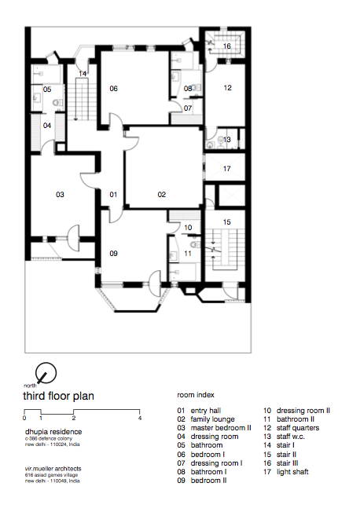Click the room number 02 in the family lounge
(161, 195)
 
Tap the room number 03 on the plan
(60, 195)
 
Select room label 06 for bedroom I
(113, 89)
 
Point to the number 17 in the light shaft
(227, 169)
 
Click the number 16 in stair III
(227, 46)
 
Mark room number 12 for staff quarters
(228, 88)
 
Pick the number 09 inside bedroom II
(113, 254)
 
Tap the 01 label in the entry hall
(113, 195)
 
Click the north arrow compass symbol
(46, 373)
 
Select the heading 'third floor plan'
(58, 396)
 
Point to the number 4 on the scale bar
(140, 418)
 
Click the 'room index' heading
(196, 395)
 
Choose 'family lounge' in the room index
(212, 419)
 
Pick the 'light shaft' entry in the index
(292, 472)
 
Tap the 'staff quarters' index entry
(298, 428)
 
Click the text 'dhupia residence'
(53, 432)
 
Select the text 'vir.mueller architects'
(53, 469)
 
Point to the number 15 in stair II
(227, 222)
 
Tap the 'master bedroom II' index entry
(221, 428)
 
